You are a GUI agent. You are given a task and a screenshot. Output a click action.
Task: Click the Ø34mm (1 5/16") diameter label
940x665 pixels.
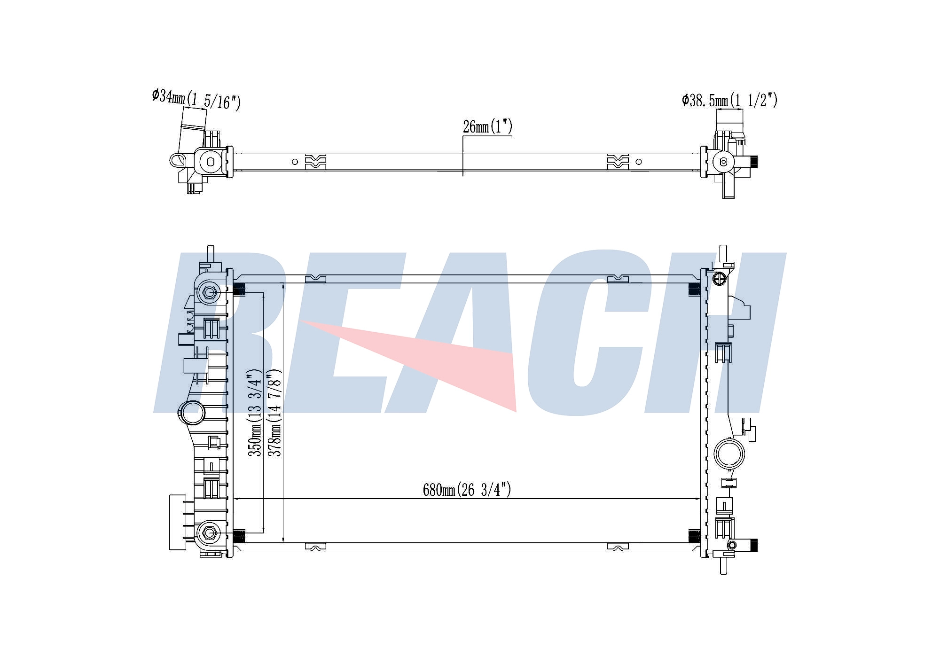point(196,99)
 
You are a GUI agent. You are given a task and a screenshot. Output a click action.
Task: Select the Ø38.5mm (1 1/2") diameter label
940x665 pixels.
point(729,100)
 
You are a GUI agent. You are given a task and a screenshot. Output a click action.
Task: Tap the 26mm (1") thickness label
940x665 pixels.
point(487,126)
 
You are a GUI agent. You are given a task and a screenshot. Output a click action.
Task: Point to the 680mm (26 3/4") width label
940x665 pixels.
point(467,490)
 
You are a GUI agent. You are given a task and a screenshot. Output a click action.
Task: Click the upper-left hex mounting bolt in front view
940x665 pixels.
point(209,292)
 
